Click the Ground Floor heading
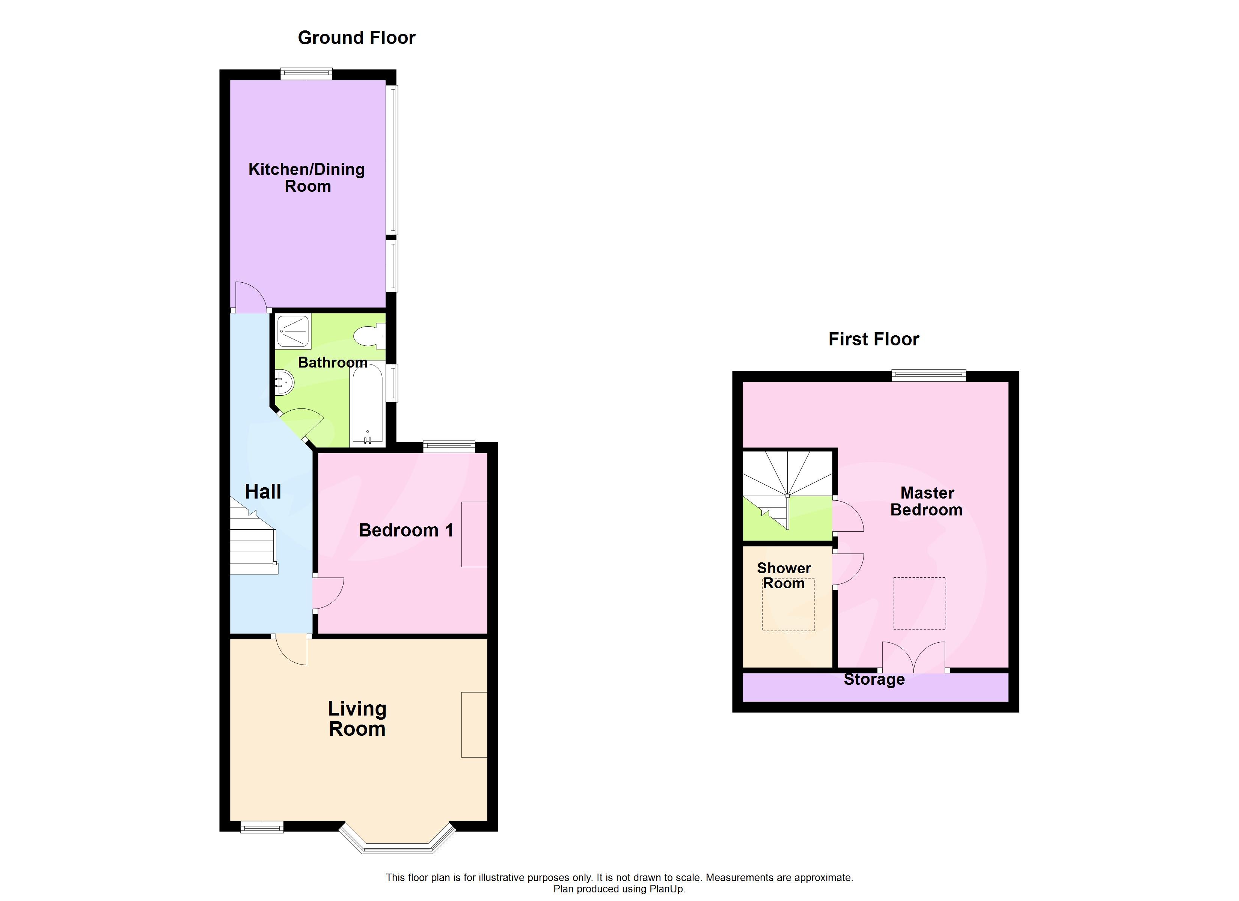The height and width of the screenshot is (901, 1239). pyautogui.click(x=356, y=38)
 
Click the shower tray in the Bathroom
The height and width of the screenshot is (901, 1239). pyautogui.click(x=294, y=331)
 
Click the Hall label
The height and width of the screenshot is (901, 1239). pyautogui.click(x=263, y=492)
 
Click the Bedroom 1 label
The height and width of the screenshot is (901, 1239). pyautogui.click(x=406, y=530)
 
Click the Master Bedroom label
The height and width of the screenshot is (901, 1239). pyautogui.click(x=927, y=501)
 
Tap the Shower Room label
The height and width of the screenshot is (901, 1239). pyautogui.click(x=784, y=576)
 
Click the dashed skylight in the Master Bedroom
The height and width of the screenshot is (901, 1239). pyautogui.click(x=919, y=603)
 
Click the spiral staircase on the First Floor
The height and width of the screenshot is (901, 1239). pyautogui.click(x=787, y=481)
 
